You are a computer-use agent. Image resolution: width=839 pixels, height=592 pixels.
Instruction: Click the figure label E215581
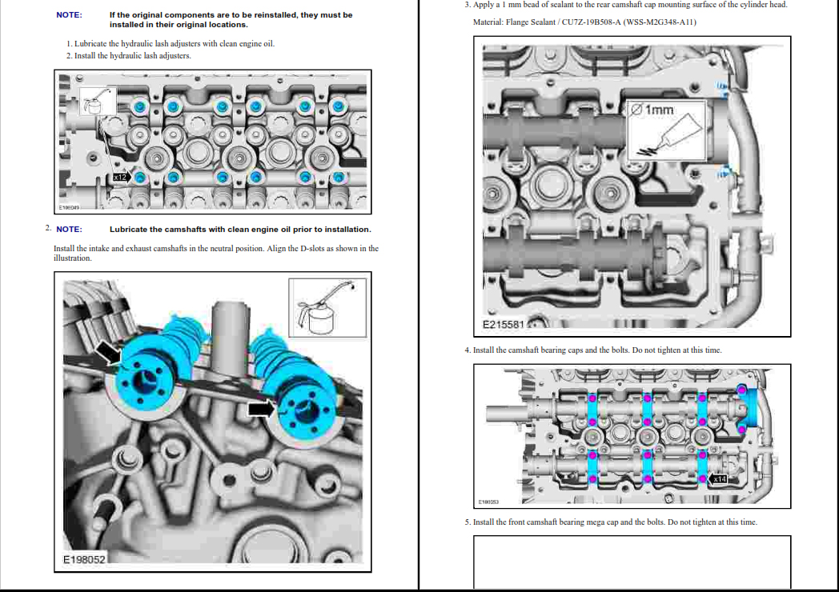point(503,325)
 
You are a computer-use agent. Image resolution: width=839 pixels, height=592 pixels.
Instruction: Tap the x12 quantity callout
point(120,176)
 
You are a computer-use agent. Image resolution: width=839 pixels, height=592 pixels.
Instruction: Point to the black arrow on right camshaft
point(261,409)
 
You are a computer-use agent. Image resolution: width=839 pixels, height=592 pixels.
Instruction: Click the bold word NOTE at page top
point(68,15)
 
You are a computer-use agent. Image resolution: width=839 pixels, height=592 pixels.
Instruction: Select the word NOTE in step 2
point(69,230)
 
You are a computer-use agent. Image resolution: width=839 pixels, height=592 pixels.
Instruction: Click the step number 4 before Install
point(467,350)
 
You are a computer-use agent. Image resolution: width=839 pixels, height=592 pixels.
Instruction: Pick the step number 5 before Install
point(467,522)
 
